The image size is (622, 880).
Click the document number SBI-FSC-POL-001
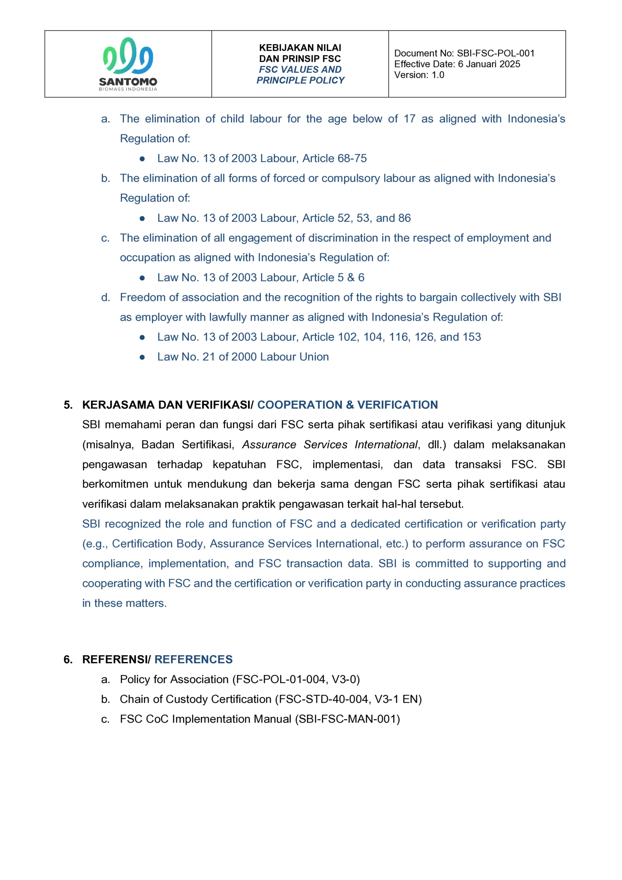[x=496, y=53]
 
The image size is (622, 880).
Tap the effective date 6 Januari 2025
[x=489, y=64]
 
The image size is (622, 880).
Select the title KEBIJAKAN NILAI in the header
[x=300, y=48]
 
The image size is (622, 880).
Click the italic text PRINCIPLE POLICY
[x=300, y=80]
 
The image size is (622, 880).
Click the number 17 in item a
[x=409, y=119]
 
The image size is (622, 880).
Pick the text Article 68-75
[x=334, y=158]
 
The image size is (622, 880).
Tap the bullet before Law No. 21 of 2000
[x=142, y=357]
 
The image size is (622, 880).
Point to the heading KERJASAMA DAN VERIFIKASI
[x=167, y=405]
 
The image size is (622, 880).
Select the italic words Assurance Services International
[x=330, y=444]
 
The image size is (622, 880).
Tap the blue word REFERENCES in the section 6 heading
[x=193, y=659]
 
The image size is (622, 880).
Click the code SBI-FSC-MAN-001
[x=347, y=719]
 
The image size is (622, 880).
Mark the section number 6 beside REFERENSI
[x=68, y=659]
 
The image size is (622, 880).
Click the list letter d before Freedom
[x=105, y=297]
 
